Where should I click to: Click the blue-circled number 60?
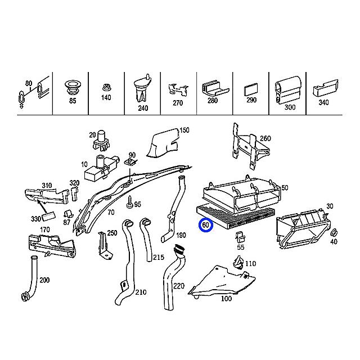tap(206, 225)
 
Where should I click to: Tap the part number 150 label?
tap(184, 130)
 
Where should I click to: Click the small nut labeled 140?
tap(106, 88)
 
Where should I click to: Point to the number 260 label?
tap(265, 138)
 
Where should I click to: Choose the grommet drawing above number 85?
tap(73, 87)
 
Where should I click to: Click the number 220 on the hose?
tap(179, 286)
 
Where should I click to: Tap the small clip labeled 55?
tap(240, 237)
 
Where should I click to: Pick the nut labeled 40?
tap(334, 233)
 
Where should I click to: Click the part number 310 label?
tap(47, 185)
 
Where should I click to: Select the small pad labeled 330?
tap(49, 216)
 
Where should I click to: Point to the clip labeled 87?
tap(69, 214)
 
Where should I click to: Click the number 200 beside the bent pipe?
tap(44, 280)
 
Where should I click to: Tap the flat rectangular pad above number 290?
tap(251, 90)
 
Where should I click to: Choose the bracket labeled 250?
tap(105, 246)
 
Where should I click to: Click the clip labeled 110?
tap(238, 263)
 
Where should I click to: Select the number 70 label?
tap(111, 213)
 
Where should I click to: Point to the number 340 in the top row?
tap(323, 102)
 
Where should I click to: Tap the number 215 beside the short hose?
tap(159, 258)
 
